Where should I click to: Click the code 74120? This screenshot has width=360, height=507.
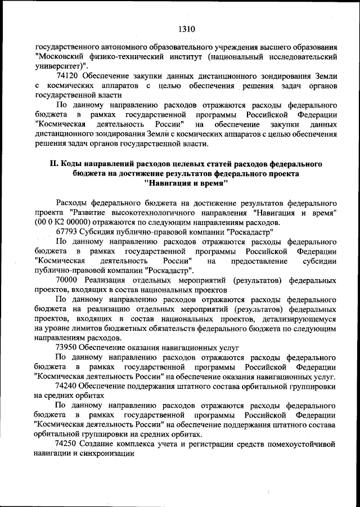(67, 75)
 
